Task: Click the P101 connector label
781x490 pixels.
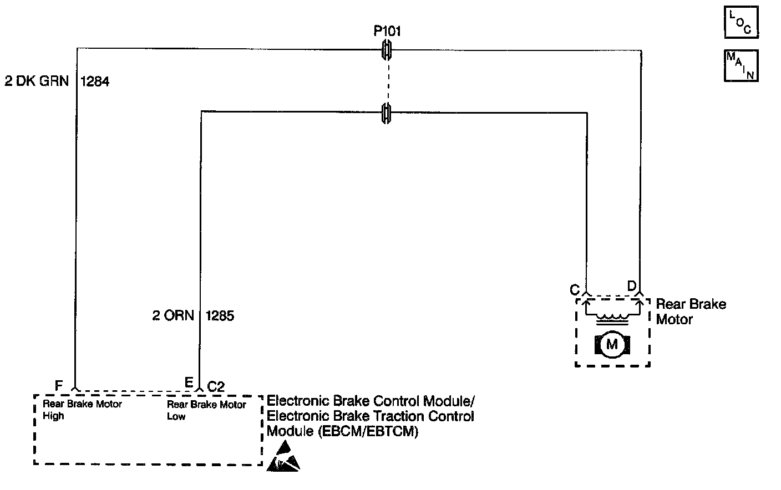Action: coord(387,31)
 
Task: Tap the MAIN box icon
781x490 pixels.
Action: coord(741,66)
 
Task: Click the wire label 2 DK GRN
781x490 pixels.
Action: coord(37,81)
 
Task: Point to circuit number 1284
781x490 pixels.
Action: coord(95,81)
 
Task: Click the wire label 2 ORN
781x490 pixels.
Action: coord(173,316)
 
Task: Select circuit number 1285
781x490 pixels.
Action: coord(220,316)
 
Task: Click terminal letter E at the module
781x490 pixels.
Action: coord(189,383)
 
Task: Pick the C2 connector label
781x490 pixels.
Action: coord(216,386)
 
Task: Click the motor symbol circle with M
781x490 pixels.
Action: coord(612,345)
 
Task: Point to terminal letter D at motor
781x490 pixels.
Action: coord(632,286)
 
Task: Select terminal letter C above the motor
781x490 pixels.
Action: coord(574,290)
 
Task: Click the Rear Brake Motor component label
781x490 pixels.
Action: coord(691,312)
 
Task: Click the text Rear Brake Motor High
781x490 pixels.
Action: coord(82,410)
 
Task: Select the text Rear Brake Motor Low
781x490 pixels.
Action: coord(206,410)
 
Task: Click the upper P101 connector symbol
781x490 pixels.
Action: coord(387,50)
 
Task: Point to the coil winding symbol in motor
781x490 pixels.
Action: coord(612,317)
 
